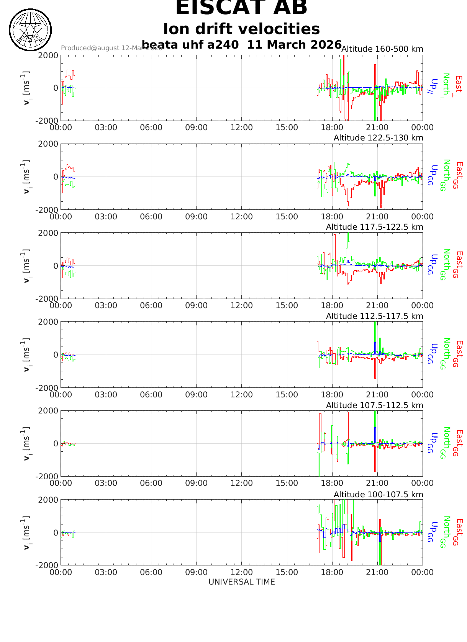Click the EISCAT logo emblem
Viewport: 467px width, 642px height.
tap(30, 30)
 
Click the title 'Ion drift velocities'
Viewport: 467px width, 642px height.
tap(241, 29)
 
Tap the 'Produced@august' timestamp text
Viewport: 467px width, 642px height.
tap(111, 48)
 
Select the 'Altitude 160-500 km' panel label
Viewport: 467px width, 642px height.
tap(382, 49)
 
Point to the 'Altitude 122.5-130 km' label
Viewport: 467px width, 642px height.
tap(378, 138)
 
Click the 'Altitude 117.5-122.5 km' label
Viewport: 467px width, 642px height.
tap(374, 227)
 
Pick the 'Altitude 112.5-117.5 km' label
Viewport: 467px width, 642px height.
tap(374, 316)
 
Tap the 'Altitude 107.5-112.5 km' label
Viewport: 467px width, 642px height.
tap(374, 405)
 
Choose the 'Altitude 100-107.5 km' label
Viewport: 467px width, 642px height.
tap(378, 495)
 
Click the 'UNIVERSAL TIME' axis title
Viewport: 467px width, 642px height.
tap(242, 582)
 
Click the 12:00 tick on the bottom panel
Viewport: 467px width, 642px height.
tap(242, 572)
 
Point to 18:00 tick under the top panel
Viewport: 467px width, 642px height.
tap(332, 127)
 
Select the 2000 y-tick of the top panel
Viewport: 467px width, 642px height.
tap(48, 55)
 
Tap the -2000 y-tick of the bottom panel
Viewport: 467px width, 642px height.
tap(47, 565)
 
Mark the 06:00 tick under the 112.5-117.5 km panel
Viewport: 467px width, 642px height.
tap(151, 395)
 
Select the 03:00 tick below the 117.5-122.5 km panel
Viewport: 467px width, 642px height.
tap(106, 305)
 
